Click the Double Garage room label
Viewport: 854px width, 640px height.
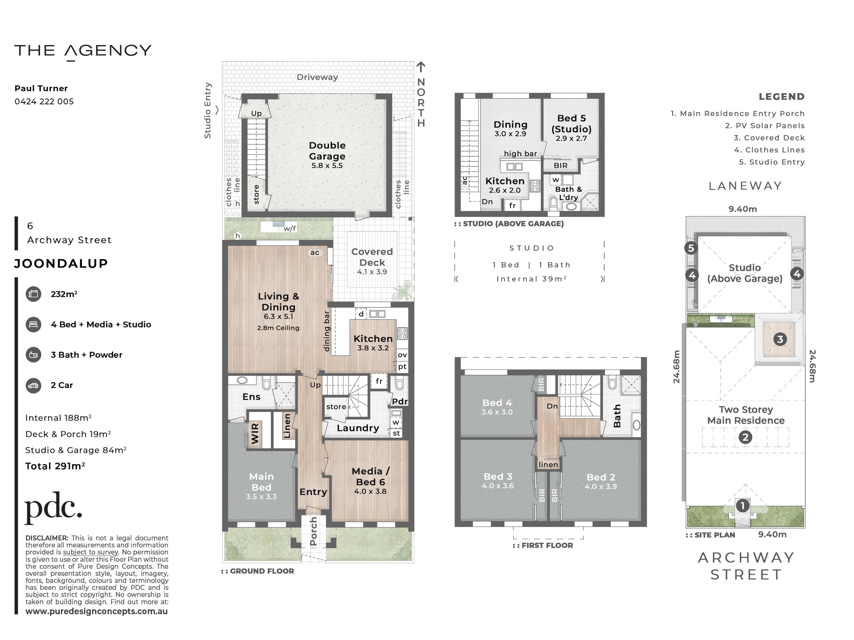click(x=327, y=151)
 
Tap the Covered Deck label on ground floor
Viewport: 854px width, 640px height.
click(x=372, y=257)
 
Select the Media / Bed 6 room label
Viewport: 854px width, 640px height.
click(x=371, y=476)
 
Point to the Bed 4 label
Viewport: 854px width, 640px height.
click(x=497, y=403)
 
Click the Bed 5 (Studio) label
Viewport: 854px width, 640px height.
click(x=571, y=123)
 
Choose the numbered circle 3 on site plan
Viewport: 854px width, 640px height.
click(x=780, y=339)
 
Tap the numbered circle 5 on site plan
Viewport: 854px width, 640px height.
click(x=691, y=248)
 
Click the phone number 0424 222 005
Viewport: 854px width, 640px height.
click(x=44, y=101)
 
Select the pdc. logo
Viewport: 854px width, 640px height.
click(x=53, y=508)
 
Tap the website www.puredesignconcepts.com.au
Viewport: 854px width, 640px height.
click(x=97, y=611)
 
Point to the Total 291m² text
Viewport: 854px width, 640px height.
click(x=55, y=466)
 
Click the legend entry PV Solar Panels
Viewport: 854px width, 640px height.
click(x=765, y=126)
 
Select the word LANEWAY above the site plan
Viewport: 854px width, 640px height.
click(x=745, y=186)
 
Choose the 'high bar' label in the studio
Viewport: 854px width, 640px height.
click(x=520, y=154)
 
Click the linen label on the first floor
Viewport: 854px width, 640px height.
click(x=548, y=464)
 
